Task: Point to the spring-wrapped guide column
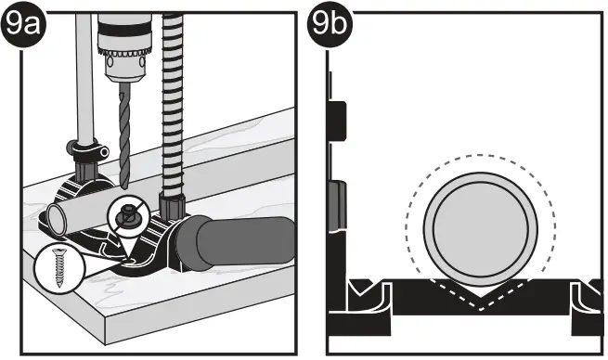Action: click(174, 102)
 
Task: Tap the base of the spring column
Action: click(173, 205)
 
